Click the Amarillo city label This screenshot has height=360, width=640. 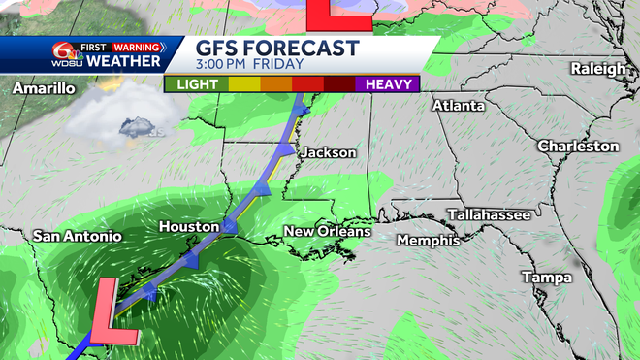[x=45, y=88]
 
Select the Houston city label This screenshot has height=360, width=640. [x=189, y=226]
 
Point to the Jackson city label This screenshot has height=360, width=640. [x=328, y=152]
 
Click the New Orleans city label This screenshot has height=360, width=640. [x=327, y=231]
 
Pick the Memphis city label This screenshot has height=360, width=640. [x=428, y=240]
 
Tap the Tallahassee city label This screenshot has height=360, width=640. [x=489, y=214]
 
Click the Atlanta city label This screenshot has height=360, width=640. [x=459, y=105]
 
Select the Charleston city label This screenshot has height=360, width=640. [x=579, y=146]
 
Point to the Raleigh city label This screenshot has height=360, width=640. [x=597, y=68]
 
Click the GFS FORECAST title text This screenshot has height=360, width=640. [x=277, y=49]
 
